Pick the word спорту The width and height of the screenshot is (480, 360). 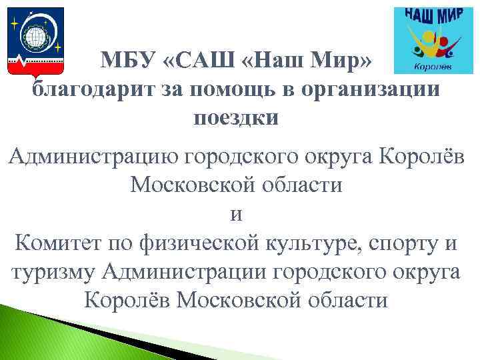point(403,244)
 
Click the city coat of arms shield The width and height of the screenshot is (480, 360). point(33,41)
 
